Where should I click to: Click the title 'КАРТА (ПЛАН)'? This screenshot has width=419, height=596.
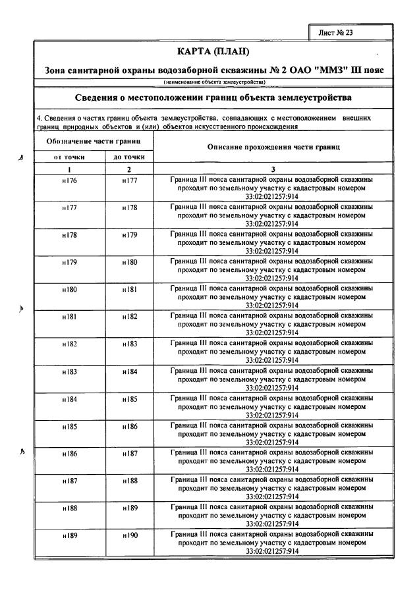click(214, 51)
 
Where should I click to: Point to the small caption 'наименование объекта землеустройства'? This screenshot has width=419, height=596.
click(214, 82)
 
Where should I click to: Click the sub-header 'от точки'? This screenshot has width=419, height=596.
click(69, 157)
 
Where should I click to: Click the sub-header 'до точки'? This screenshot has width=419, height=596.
click(129, 157)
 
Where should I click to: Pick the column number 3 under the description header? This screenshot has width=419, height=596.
click(273, 169)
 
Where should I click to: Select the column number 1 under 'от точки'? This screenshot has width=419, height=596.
click(69, 169)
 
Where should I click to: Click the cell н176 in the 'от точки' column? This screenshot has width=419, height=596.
click(69, 180)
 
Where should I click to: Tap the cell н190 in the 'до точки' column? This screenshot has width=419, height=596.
click(129, 535)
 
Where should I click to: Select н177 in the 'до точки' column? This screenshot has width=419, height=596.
click(129, 180)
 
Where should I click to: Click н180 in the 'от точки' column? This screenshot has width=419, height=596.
click(69, 289)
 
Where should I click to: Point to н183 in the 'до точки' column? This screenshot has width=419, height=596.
click(129, 344)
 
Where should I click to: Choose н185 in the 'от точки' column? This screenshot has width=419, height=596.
click(69, 426)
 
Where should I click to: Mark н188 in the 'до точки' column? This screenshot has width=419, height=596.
click(129, 481)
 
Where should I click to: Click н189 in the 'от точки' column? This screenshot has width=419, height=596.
click(69, 535)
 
